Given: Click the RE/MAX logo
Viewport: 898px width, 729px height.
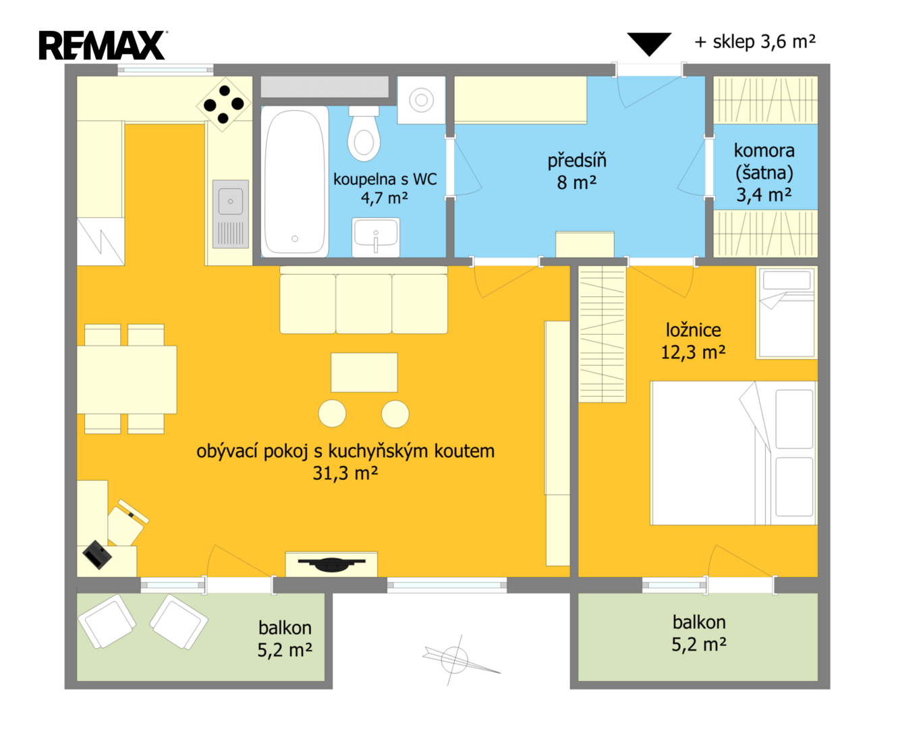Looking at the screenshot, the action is (103, 45).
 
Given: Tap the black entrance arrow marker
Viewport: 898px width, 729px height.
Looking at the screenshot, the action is (648, 44).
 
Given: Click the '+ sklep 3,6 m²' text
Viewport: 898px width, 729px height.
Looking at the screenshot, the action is (755, 42).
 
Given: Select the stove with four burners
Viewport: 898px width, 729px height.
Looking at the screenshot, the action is (223, 104).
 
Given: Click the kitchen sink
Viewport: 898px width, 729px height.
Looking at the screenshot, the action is (230, 214).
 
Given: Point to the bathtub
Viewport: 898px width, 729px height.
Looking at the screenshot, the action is (295, 182).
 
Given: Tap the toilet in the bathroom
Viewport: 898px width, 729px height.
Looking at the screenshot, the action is (364, 133).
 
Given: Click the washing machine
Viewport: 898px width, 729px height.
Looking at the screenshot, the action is (421, 100).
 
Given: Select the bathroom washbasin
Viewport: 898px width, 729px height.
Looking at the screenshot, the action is (376, 238).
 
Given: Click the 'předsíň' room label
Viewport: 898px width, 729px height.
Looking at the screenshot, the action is (577, 161).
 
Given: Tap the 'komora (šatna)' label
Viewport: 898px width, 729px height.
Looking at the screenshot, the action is (764, 161).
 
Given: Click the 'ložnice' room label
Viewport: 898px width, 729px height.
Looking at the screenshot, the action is (694, 329).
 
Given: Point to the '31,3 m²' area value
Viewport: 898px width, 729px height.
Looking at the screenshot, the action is (345, 473).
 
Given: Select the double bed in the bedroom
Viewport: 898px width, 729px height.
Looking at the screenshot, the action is (733, 453).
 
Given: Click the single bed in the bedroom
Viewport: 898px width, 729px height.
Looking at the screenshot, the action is (787, 313).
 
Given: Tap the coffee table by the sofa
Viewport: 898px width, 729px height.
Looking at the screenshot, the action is (364, 373).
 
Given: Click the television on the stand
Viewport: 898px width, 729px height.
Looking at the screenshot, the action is (332, 564).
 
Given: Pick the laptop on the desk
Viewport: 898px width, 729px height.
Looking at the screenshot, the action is (97, 555).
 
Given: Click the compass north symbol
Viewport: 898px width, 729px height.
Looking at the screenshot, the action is (455, 659).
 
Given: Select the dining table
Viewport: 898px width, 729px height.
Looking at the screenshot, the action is (126, 379).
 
